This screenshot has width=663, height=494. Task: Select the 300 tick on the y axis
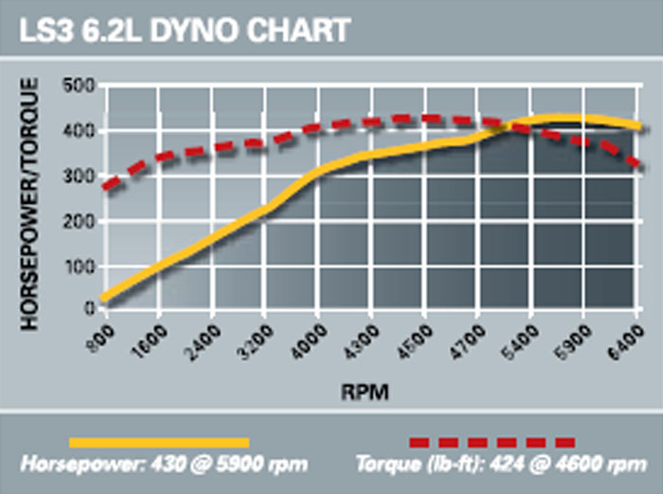point(81,176)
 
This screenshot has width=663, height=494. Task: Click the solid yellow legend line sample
point(158,442)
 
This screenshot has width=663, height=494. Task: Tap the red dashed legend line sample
point(492,442)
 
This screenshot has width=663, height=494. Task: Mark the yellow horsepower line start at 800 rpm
point(104,300)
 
